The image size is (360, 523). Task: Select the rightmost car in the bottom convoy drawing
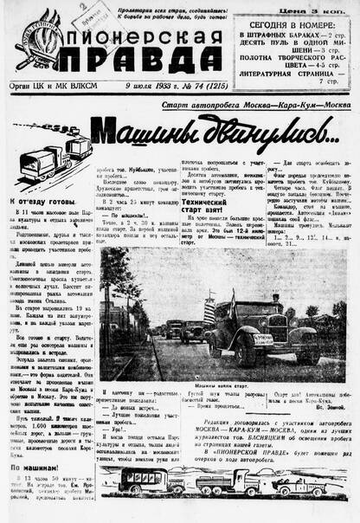324,481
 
